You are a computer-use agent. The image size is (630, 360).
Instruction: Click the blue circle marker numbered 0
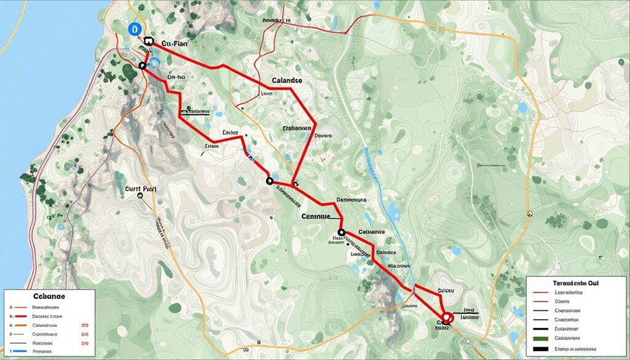pos(132,28)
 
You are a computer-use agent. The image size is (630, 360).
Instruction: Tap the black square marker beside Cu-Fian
pos(148,41)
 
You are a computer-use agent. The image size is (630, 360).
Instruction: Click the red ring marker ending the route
pos(447,318)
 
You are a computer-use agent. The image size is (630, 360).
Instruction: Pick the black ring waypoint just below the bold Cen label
pos(342,233)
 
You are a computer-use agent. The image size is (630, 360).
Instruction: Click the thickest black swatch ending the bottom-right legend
pos(541,349)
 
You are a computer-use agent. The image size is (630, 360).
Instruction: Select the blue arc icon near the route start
pos(154,62)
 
